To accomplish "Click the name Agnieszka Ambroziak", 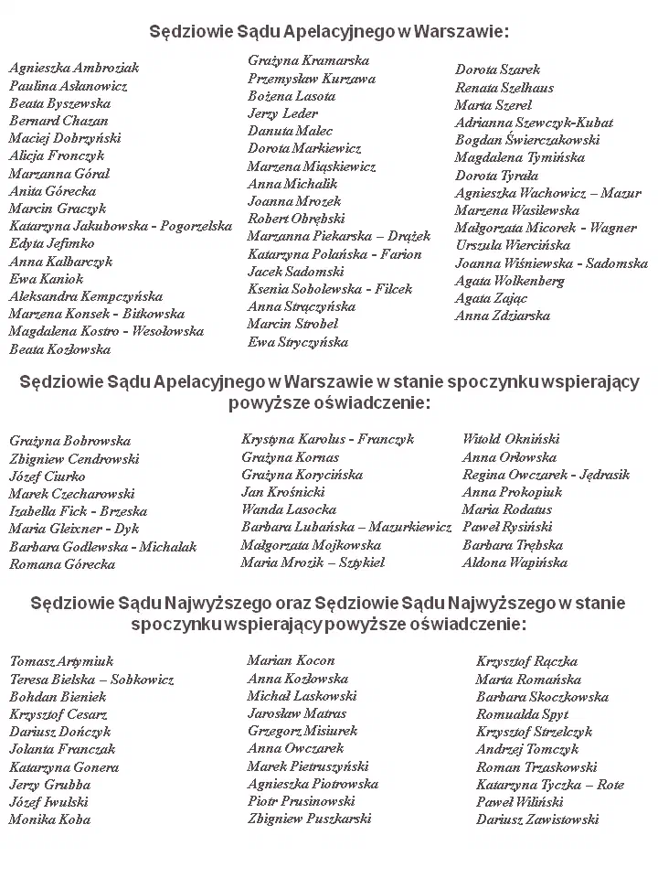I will click(x=74, y=68).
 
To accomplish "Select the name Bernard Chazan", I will click(x=58, y=121).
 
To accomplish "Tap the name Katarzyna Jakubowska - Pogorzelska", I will click(x=121, y=226).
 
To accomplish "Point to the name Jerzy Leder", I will click(x=282, y=113).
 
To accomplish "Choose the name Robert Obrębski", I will click(x=296, y=219).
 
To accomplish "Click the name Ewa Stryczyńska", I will click(x=298, y=342).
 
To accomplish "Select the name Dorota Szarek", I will click(x=498, y=70).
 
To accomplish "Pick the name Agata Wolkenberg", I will click(x=510, y=281).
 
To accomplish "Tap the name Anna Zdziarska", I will click(x=503, y=316).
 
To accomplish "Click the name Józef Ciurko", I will click(x=48, y=476).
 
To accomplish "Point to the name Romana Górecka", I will click(x=62, y=564).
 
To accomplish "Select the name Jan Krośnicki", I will click(x=283, y=492).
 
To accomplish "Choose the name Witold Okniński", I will click(x=511, y=439).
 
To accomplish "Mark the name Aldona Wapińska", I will click(x=515, y=562).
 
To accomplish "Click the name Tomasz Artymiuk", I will click(x=61, y=661).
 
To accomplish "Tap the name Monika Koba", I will click(x=50, y=819).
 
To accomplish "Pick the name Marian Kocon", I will click(x=291, y=660).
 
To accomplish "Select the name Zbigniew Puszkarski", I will click(x=309, y=819).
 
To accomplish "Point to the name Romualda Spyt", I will click(x=522, y=714).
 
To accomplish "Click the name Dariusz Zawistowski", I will click(x=537, y=819).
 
